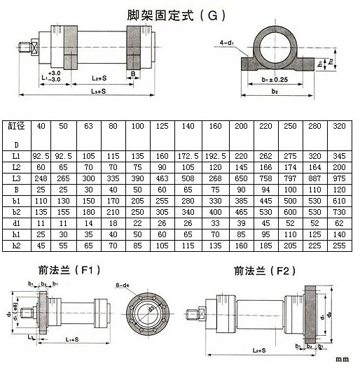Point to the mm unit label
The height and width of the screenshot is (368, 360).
coord(341,360)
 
